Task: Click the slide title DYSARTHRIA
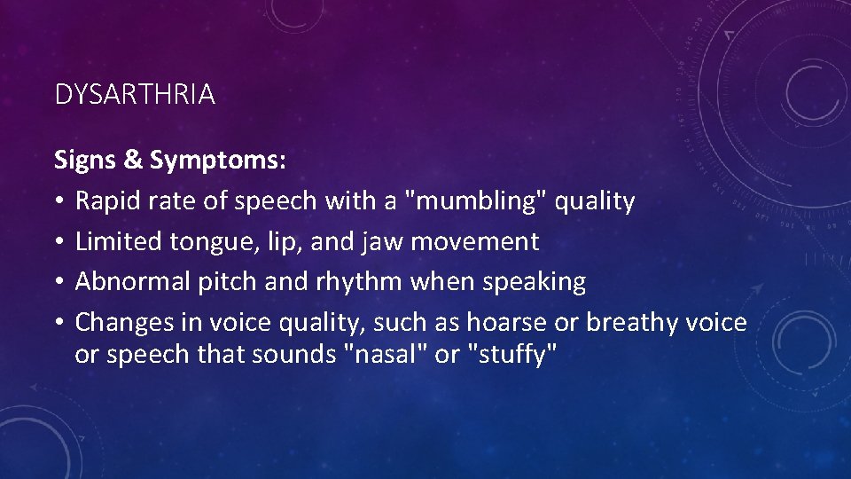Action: tap(135, 95)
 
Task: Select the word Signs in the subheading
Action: tap(85, 161)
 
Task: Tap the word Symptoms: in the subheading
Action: tap(218, 161)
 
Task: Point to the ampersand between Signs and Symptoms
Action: tap(133, 161)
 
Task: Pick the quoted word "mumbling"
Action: tap(475, 201)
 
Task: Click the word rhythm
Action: tap(363, 282)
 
